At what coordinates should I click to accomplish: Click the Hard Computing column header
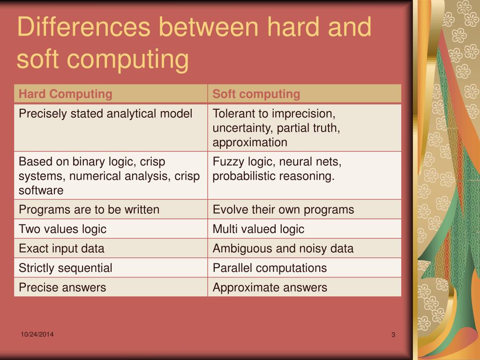pos(66,94)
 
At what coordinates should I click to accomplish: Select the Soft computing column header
pos(256,94)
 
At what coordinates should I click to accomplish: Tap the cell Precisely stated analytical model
pos(105,114)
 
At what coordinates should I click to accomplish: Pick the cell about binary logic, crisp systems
pos(109,176)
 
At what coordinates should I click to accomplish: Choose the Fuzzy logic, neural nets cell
pos(277,169)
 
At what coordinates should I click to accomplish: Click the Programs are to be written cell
pos(89,210)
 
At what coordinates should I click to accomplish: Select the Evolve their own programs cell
pos(283,210)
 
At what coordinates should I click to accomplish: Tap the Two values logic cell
pos(62,229)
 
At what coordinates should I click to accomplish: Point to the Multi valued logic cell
pos(258,229)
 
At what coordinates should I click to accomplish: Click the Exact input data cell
pos(61,248)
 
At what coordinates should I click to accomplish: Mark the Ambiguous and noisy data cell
pos(283,248)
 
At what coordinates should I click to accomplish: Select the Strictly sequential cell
pos(65,268)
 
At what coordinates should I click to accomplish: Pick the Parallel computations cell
pos(270,268)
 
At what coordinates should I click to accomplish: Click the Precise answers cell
pos(62,287)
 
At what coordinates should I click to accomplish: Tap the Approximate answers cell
pos(270,287)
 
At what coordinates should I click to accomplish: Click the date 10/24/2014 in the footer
pos(37,334)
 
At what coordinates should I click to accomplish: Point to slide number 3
pos(393,335)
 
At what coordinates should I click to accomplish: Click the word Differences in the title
pos(83,28)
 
